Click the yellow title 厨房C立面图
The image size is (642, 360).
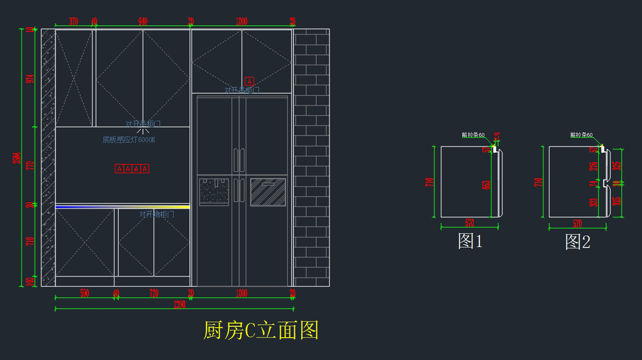click(261, 331)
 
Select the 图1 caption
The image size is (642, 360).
click(470, 242)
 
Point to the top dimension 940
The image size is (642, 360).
click(143, 22)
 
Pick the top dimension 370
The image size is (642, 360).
click(74, 22)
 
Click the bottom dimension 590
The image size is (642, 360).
click(85, 293)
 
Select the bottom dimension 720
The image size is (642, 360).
click(154, 293)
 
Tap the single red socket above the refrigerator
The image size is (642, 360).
click(249, 81)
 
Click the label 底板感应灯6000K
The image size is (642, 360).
click(129, 140)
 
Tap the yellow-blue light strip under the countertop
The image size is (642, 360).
click(123, 206)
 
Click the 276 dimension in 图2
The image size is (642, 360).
click(593, 166)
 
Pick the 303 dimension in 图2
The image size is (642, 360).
click(593, 203)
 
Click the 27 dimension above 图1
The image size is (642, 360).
click(496, 136)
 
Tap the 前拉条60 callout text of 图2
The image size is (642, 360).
click(581, 135)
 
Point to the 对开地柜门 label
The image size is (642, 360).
click(157, 215)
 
